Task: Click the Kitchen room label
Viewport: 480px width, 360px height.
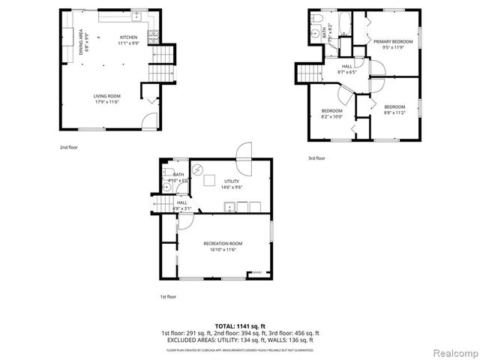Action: (129, 37)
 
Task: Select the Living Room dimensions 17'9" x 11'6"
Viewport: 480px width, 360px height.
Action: (107, 103)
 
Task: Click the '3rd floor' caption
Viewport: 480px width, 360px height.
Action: (316, 158)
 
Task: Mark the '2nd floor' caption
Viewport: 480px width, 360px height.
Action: (69, 147)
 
